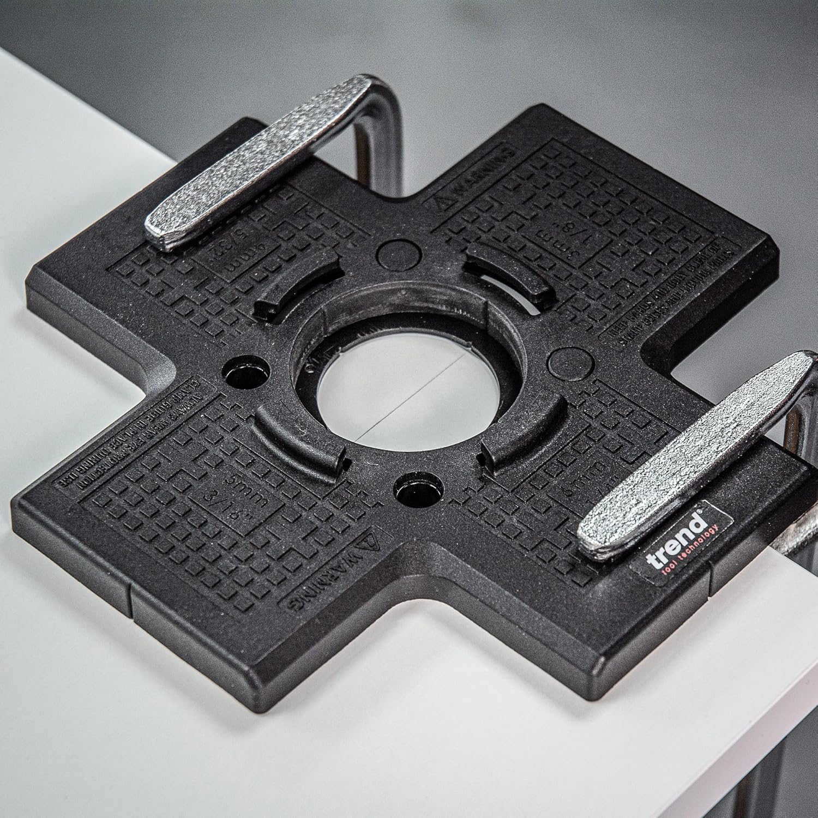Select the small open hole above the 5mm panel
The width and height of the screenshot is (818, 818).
tap(246, 371)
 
